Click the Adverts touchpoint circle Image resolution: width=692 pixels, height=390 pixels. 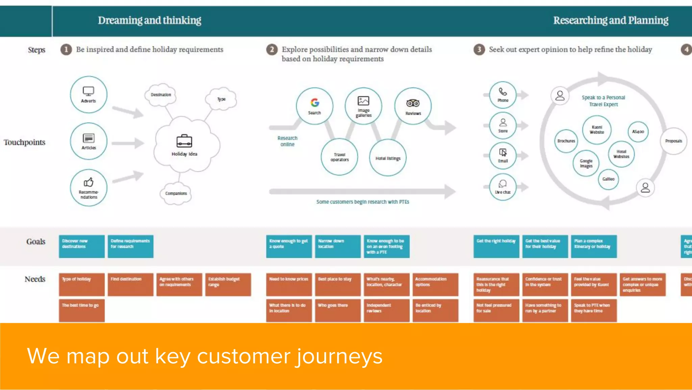tap(89, 94)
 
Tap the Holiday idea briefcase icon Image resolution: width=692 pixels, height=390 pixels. tap(184, 141)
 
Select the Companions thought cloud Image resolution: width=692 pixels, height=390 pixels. tap(176, 193)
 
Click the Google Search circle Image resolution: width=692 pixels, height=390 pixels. tap(315, 106)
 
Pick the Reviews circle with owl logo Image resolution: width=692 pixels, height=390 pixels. tap(413, 106)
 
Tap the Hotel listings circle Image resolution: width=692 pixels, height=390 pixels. tap(388, 158)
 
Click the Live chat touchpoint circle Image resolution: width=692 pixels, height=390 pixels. tap(503, 187)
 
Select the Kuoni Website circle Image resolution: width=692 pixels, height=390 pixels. tap(597, 130)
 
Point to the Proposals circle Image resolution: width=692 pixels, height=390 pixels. tap(673, 141)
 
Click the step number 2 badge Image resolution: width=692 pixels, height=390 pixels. tap(272, 50)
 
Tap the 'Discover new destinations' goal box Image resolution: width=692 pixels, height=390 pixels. tap(81, 246)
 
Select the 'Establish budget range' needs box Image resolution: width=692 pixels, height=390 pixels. tap(228, 284)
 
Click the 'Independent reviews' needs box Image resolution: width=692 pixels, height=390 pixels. tap(387, 310)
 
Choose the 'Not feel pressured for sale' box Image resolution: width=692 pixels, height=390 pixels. tap(496, 310)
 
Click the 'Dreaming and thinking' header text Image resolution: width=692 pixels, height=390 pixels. tap(149, 20)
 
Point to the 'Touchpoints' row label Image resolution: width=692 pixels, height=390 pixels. tap(24, 142)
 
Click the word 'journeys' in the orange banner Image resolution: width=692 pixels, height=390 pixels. tap(339, 356)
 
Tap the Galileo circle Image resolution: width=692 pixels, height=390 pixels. tap(608, 179)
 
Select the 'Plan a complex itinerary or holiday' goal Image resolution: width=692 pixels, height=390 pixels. tap(594, 246)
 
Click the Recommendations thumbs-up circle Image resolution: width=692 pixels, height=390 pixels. tap(89, 188)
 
